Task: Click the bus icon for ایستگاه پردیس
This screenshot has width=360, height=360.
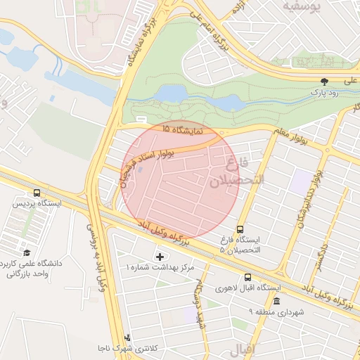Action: click(x=37, y=193)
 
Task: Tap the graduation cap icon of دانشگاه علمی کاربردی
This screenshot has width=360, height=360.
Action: click(x=27, y=252)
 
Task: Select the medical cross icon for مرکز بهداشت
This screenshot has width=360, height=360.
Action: click(x=159, y=256)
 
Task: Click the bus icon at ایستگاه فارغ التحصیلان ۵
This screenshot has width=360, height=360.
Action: click(x=240, y=229)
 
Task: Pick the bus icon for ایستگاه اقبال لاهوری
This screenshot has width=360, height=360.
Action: click(x=247, y=277)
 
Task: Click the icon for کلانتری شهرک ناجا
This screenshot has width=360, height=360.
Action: click(x=127, y=337)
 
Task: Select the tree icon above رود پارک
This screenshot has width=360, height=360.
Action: click(x=324, y=81)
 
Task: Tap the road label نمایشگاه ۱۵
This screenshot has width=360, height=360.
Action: click(x=181, y=131)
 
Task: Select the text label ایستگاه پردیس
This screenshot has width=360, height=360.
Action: click(x=37, y=204)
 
